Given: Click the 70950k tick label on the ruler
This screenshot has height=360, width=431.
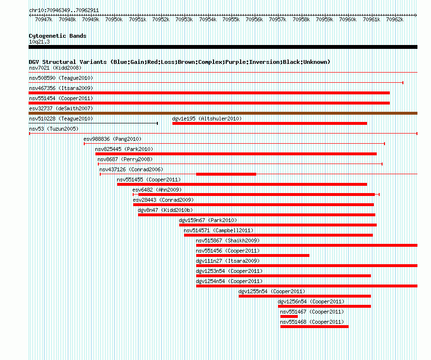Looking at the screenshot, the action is [114, 19].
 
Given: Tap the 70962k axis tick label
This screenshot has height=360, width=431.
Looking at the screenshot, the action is [395, 19].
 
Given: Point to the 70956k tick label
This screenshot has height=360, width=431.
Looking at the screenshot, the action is [254, 19].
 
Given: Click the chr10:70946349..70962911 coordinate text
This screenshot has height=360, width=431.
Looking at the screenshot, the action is [64, 11].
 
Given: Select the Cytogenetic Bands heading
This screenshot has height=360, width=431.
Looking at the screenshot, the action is [58, 36].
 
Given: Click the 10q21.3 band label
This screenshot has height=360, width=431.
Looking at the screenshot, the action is [39, 42].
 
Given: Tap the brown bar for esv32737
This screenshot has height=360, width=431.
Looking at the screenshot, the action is [223, 113].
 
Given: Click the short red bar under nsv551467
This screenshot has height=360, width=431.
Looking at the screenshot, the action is [289, 316].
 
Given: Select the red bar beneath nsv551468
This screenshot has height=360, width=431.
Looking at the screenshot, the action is [314, 327].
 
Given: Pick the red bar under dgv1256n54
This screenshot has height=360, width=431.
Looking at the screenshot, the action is [324, 306].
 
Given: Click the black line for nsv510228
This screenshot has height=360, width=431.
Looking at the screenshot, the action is [93, 123].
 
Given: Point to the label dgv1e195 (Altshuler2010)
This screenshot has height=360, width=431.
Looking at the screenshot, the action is [207, 119].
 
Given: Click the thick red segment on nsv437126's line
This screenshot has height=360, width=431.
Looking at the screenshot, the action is [226, 174].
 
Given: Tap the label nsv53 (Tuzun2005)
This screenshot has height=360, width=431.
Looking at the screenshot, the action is [54, 129].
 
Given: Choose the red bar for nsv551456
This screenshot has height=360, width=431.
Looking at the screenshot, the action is [253, 255].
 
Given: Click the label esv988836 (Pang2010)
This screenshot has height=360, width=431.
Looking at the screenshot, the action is [112, 139].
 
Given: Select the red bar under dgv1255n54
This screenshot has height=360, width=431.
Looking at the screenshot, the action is [305, 296].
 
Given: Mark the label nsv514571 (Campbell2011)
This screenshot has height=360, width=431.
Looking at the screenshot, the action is [218, 230].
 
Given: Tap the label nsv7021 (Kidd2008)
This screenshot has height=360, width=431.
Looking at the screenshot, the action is [55, 68].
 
